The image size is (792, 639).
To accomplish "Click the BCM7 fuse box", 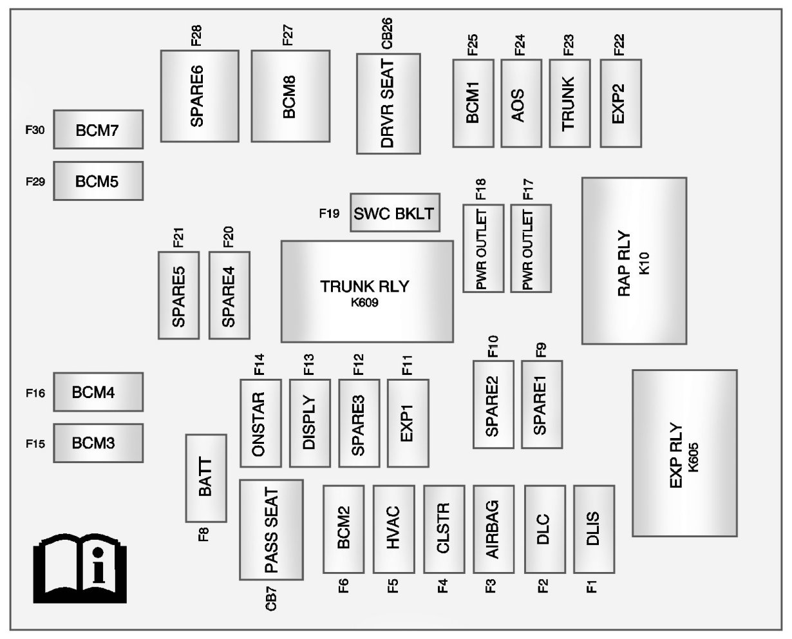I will click(x=98, y=129).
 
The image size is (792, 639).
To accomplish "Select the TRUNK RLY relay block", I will click(x=367, y=292).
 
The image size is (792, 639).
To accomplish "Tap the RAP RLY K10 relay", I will click(x=634, y=261).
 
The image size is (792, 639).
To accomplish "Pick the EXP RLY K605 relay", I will click(x=684, y=453).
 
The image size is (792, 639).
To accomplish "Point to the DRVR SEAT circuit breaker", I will click(x=388, y=104).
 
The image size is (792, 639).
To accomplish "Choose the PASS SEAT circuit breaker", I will click(x=271, y=529).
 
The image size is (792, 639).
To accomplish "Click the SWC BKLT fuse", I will click(x=395, y=212).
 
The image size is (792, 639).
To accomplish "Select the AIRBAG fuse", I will click(x=493, y=529).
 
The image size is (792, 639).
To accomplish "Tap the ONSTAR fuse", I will click(x=260, y=423).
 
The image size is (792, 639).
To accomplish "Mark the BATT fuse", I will click(x=206, y=478).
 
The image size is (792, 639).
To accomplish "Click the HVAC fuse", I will click(x=393, y=529).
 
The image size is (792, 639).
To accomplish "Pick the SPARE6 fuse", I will click(x=199, y=95).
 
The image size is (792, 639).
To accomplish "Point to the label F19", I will click(x=329, y=213).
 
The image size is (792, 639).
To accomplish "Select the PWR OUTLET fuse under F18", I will click(x=483, y=248).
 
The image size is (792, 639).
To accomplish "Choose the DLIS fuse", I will click(x=594, y=529).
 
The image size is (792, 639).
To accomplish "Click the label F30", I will click(x=35, y=130).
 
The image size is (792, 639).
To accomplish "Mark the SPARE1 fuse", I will click(x=542, y=404).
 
